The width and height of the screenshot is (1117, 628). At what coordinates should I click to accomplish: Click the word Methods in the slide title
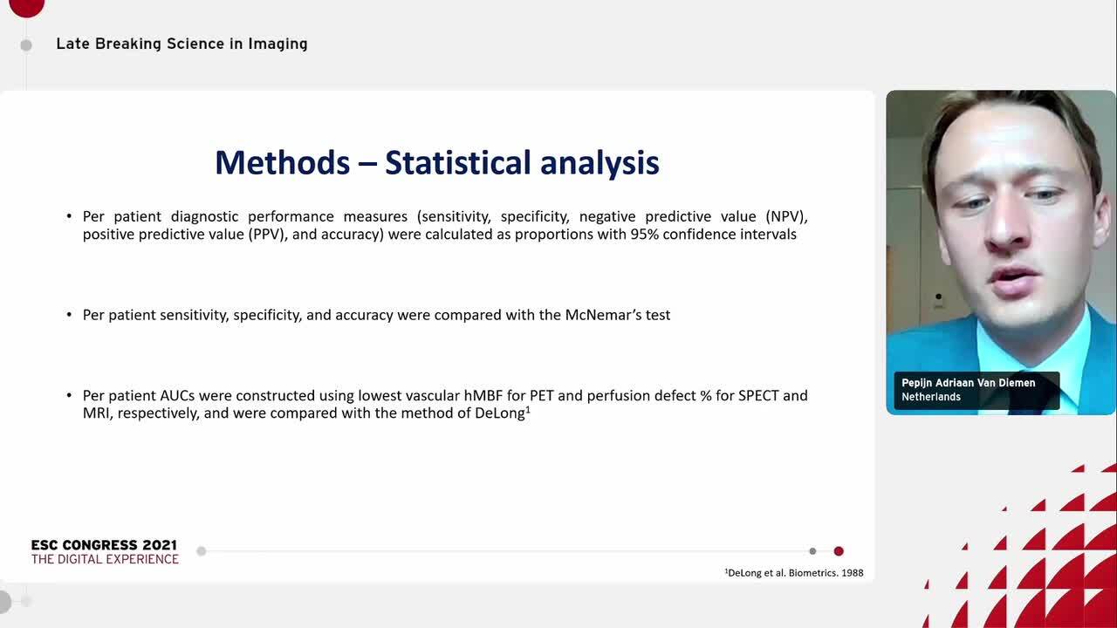tap(282, 162)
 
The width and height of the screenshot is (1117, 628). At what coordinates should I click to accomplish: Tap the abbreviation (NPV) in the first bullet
tap(787, 217)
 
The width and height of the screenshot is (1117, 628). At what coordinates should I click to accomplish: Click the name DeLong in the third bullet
tap(500, 413)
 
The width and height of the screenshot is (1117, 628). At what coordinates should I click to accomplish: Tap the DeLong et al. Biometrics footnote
tap(794, 573)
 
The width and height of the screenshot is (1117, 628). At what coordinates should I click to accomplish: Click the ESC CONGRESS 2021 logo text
tap(104, 545)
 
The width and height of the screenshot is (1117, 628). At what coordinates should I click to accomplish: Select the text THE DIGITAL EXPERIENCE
tap(105, 559)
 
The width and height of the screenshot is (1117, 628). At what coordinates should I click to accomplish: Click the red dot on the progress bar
tap(839, 551)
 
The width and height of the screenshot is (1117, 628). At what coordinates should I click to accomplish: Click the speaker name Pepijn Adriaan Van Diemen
tap(969, 383)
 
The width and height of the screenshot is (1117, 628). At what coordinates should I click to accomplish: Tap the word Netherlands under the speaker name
tap(931, 397)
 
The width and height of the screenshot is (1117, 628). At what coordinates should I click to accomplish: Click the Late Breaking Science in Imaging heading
tap(182, 44)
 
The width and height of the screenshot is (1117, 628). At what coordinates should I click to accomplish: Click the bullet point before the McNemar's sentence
tap(69, 315)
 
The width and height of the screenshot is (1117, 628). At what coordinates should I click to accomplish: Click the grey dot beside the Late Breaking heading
tap(26, 45)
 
